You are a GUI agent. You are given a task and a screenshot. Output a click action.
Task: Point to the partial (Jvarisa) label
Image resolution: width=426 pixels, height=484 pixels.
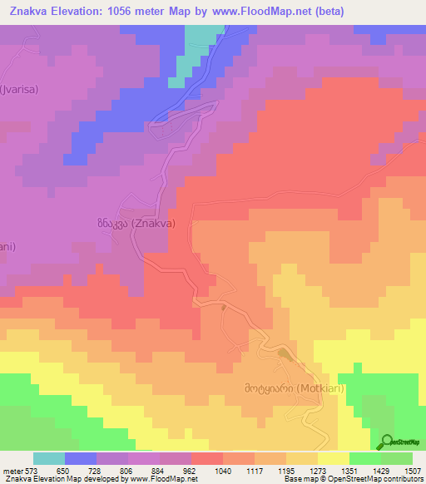[19, 88]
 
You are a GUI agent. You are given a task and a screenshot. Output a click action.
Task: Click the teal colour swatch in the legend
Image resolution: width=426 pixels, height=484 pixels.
[48, 458]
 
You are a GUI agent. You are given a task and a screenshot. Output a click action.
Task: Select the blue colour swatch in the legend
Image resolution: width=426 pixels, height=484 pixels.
[80, 458]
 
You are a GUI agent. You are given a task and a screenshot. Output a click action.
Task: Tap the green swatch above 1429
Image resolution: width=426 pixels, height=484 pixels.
[364, 458]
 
